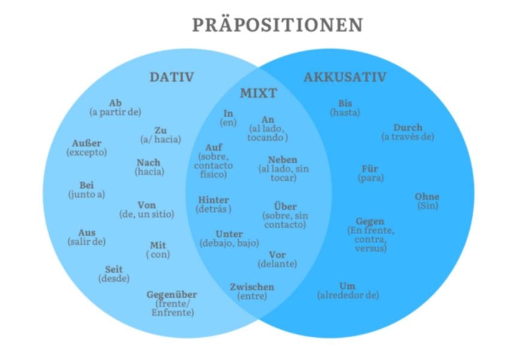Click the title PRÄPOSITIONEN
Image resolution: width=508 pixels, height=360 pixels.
click(x=277, y=25)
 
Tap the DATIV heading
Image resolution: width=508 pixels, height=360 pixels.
click(x=172, y=77)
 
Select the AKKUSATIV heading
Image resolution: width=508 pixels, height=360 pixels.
click(x=344, y=77)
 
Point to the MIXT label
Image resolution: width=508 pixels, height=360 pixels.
click(x=258, y=93)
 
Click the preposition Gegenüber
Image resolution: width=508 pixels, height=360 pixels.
click(x=172, y=295)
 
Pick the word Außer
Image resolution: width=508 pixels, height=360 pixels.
click(x=87, y=143)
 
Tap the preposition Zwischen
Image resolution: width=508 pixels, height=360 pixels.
click(x=252, y=287)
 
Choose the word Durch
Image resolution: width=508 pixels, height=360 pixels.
click(x=408, y=128)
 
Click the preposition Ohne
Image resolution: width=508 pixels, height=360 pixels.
click(x=427, y=196)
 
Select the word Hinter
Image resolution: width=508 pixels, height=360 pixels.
click(x=214, y=200)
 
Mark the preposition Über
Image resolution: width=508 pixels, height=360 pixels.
click(x=285, y=207)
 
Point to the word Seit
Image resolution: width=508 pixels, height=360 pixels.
click(x=114, y=270)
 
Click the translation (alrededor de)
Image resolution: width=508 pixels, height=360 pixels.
click(x=348, y=295)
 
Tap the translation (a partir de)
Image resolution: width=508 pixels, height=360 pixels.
click(x=115, y=112)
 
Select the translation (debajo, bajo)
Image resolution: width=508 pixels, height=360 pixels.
click(x=229, y=243)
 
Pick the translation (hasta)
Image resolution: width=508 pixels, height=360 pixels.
click(x=345, y=112)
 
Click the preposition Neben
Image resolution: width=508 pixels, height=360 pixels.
click(x=283, y=160)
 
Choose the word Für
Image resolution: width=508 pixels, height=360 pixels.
click(x=370, y=168)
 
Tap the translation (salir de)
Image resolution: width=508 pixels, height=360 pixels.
click(x=87, y=241)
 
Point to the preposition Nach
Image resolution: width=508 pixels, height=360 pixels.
click(x=149, y=163)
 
